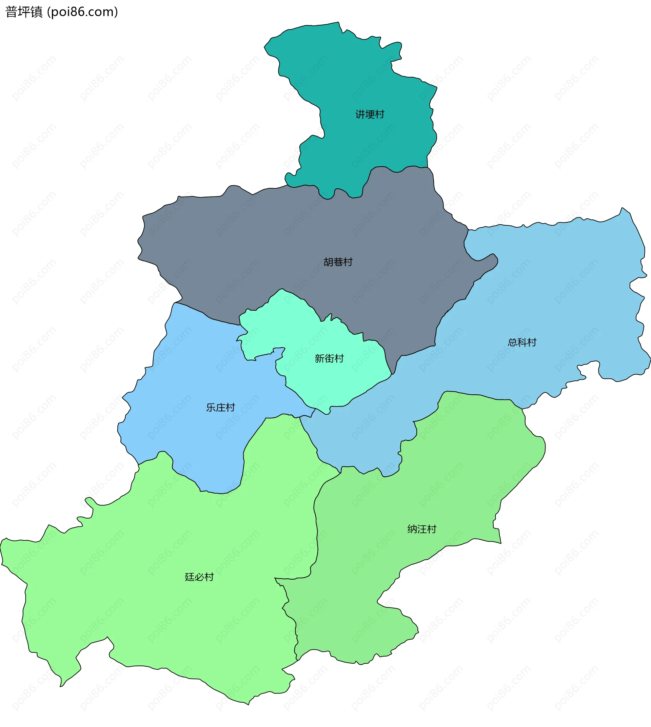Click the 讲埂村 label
pos(370,115)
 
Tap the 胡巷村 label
pos(338,262)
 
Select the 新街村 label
pos(329,358)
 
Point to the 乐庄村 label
pos(220,408)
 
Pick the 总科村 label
pos(522,342)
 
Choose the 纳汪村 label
pos(422,529)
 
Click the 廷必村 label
pos(199,577)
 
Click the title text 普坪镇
pos(24,12)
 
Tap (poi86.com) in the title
pos(83,12)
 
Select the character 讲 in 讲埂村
pos(360,115)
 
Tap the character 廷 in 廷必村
pos(189,577)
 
